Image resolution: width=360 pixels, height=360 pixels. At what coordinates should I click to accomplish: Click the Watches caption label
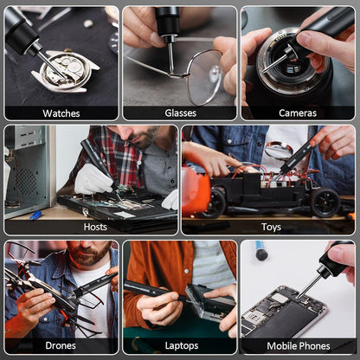click(61, 112)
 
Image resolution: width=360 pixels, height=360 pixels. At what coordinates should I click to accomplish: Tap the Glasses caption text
click(180, 112)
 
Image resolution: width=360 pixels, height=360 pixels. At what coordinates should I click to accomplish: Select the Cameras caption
click(297, 112)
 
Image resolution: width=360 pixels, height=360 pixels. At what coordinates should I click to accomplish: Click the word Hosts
click(95, 227)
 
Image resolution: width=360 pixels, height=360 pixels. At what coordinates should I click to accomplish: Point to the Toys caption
click(271, 227)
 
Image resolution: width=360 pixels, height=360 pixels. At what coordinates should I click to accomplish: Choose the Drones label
click(61, 345)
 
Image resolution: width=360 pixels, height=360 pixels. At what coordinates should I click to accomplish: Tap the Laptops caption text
click(180, 345)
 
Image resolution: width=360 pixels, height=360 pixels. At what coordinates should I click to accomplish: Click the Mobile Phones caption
click(297, 345)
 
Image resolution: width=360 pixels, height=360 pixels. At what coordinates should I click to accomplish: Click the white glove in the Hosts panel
click(93, 179)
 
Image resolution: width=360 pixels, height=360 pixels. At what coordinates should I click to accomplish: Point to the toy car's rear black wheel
click(325, 203)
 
